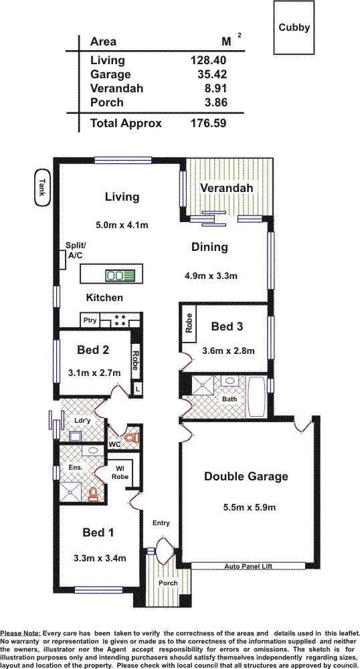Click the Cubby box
[x=294, y=27]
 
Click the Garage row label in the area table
[x=110, y=74]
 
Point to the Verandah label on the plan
[x=227, y=188]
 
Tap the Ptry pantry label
[x=90, y=320]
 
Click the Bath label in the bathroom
[x=230, y=399]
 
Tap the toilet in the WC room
[x=135, y=438]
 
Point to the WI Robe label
[x=120, y=472]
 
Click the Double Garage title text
[x=246, y=476]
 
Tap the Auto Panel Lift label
[x=249, y=566]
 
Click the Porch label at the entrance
[x=168, y=583]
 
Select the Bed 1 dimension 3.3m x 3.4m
[x=100, y=557]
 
